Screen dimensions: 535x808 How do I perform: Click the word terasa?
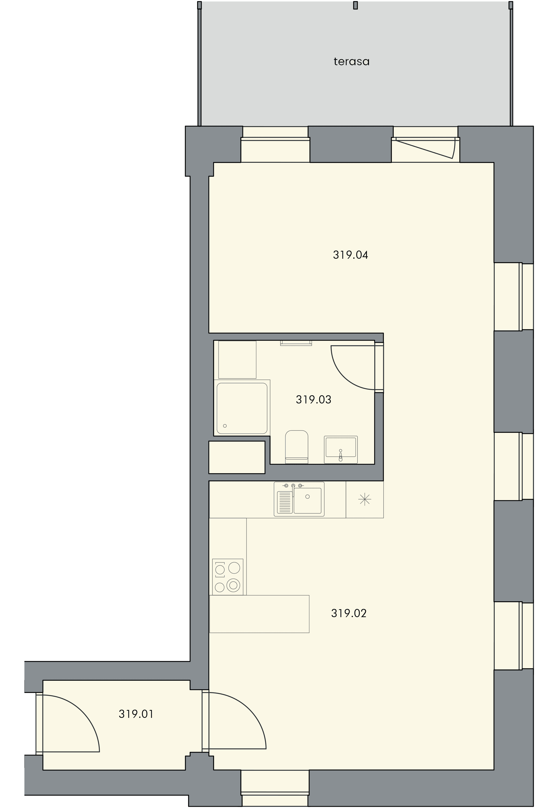[351, 62]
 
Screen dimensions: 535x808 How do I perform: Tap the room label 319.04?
[350, 255]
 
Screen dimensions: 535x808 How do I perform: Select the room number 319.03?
[314, 399]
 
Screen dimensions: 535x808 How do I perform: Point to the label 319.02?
[349, 613]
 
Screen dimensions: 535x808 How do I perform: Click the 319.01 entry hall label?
[136, 714]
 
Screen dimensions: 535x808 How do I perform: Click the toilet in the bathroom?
[297, 447]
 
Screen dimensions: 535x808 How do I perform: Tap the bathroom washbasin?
[341, 450]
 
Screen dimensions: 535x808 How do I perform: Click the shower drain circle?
[225, 426]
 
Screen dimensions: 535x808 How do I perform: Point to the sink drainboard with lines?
[285, 502]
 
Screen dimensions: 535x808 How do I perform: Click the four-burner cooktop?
[228, 577]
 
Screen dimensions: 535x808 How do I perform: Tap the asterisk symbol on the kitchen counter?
[364, 499]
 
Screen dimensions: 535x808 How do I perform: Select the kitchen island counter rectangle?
[259, 614]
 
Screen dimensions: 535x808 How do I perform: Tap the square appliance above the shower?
[237, 359]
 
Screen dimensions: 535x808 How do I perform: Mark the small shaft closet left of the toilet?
[237, 457]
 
